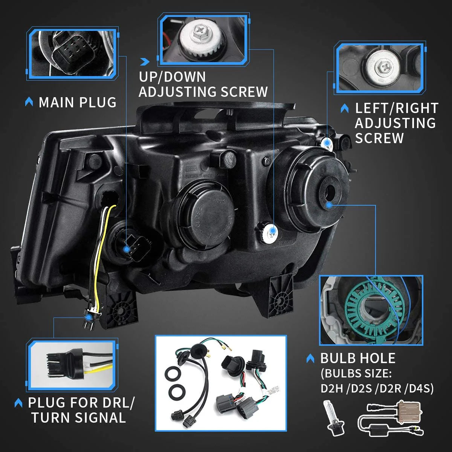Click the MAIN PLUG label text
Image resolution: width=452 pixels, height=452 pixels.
[x=78, y=102]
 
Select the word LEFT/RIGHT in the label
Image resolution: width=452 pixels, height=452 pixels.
[x=397, y=108]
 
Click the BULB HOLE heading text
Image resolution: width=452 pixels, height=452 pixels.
[x=358, y=358]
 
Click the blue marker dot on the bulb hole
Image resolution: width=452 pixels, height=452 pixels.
[x=329, y=205]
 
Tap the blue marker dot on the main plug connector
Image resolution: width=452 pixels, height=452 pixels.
[x=127, y=249]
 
